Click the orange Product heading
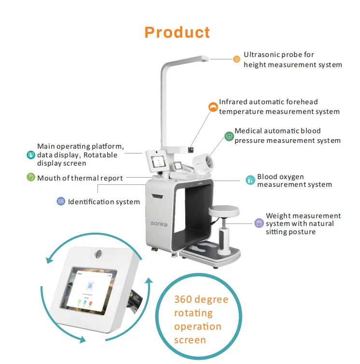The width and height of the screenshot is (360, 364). click(177, 32)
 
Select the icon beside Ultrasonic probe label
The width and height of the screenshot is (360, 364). click(236, 59)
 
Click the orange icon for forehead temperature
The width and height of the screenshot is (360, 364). click(212, 107)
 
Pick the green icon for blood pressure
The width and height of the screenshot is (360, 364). click(229, 137)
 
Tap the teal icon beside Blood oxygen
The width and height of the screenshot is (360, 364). click(250, 180)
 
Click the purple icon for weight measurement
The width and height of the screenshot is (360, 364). click(259, 223)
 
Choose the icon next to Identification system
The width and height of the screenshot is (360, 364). click(61, 201)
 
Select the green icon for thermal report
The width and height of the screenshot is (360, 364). click(31, 177)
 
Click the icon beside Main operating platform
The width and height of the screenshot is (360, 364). click(31, 155)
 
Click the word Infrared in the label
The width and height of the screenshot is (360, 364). click(233, 102)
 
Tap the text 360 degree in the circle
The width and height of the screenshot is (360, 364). click(201, 299)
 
